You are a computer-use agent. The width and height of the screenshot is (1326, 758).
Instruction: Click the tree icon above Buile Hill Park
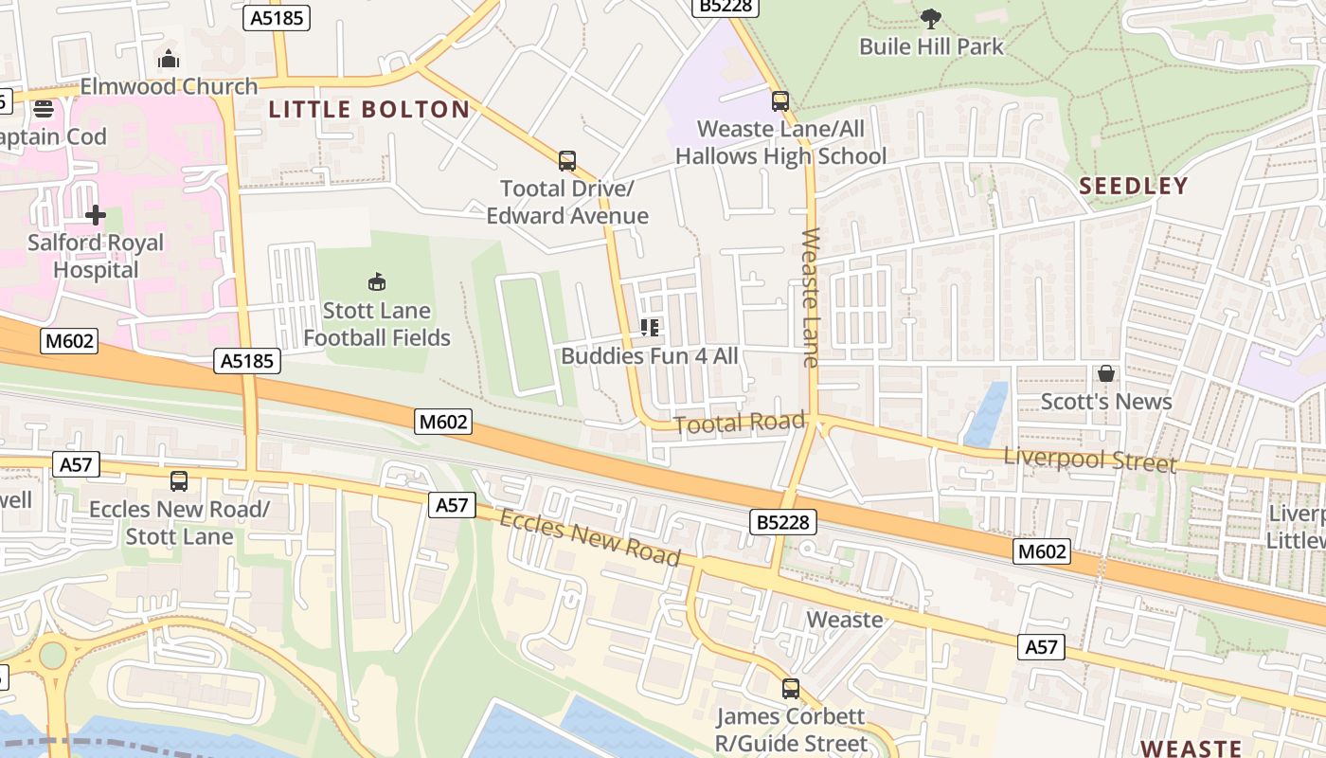pyautogui.click(x=931, y=18)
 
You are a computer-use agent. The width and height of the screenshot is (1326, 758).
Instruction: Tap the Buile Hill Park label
pyautogui.click(x=931, y=45)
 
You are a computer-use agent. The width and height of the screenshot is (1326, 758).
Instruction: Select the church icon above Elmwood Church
pyautogui.click(x=169, y=60)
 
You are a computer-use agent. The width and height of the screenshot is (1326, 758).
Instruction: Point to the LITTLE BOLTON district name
pyautogui.click(x=369, y=110)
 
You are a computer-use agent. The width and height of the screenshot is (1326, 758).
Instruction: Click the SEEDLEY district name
pyautogui.click(x=1134, y=186)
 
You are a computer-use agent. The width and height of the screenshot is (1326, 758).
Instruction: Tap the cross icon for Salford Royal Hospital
pyautogui.click(x=96, y=216)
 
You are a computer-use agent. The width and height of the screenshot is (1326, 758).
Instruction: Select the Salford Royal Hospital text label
pyautogui.click(x=96, y=256)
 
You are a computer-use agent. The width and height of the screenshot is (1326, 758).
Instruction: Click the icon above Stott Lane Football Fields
pyautogui.click(x=377, y=282)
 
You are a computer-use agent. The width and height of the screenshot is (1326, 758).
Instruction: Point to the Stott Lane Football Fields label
pyautogui.click(x=377, y=324)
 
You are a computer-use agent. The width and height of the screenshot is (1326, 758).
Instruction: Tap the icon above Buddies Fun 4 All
pyautogui.click(x=650, y=328)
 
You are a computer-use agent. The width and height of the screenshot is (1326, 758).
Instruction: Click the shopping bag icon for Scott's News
pyautogui.click(x=1105, y=374)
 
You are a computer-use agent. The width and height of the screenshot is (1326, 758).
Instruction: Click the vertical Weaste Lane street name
pyautogui.click(x=810, y=297)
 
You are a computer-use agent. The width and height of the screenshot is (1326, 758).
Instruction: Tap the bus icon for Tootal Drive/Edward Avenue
pyautogui.click(x=567, y=160)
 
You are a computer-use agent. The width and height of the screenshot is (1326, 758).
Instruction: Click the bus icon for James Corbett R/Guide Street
pyautogui.click(x=791, y=689)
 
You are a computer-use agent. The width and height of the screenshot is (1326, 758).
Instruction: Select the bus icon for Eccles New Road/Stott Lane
pyautogui.click(x=179, y=481)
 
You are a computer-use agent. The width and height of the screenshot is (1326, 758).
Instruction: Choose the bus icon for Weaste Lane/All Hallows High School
pyautogui.click(x=780, y=100)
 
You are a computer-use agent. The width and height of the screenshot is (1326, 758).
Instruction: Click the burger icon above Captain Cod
pyautogui.click(x=44, y=109)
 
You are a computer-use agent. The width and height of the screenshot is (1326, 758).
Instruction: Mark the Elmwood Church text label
pyautogui.click(x=169, y=86)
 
